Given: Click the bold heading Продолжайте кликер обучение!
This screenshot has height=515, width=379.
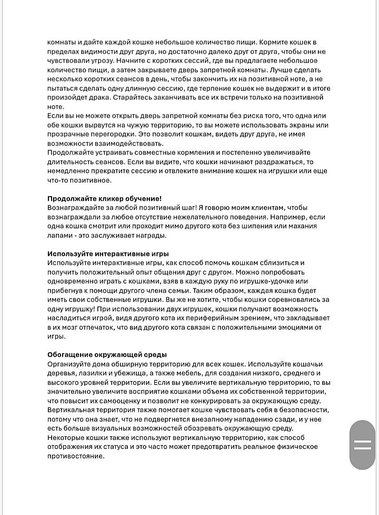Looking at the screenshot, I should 104,198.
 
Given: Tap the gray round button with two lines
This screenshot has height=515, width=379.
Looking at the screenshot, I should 363,445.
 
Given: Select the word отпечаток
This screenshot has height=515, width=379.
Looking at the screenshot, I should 98,327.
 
